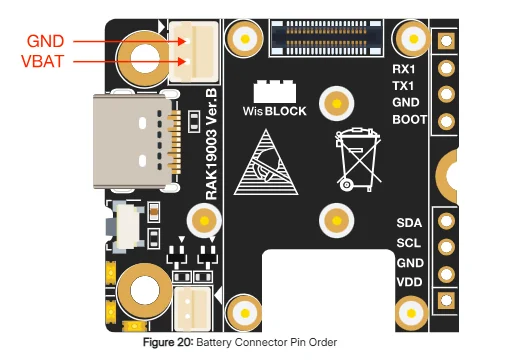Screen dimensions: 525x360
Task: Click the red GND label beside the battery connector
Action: pos(45,41)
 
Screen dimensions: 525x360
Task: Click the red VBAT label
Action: pos(43,61)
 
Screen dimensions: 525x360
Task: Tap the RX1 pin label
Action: pos(404,69)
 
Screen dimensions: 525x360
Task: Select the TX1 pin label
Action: pos(403,86)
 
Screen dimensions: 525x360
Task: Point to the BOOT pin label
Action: pos(409,119)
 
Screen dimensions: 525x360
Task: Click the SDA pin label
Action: pos(409,223)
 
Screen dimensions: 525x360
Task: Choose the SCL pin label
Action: pos(408,243)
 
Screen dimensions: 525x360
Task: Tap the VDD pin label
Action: pos(409,282)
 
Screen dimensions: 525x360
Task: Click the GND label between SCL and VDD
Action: pos(410,263)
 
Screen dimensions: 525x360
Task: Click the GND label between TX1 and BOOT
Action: pos(406,102)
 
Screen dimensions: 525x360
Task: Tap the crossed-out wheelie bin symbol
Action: pos(358,159)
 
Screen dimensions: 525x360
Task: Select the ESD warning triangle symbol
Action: pos(266,162)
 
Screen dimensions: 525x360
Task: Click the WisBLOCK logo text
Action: pos(275,111)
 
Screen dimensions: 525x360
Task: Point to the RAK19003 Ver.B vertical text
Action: pos(211,144)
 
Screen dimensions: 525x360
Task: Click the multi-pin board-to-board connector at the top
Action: pos(326,37)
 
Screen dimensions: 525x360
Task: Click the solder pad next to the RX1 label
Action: pos(446,68)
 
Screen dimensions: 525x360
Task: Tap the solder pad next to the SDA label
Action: pos(446,221)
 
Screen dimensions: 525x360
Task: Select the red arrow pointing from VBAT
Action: pos(129,62)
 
